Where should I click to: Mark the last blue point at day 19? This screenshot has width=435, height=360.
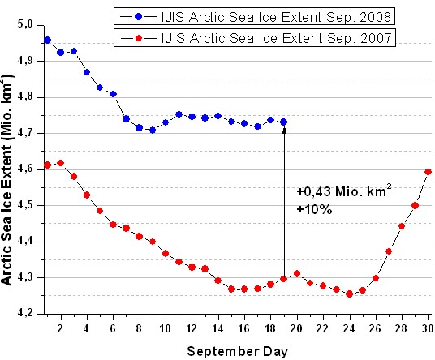coord(284,122)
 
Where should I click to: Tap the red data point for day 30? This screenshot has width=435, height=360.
coord(428,172)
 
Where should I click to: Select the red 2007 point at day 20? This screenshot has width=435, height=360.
coord(297,273)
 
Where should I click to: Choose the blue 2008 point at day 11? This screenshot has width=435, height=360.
coord(179,114)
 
